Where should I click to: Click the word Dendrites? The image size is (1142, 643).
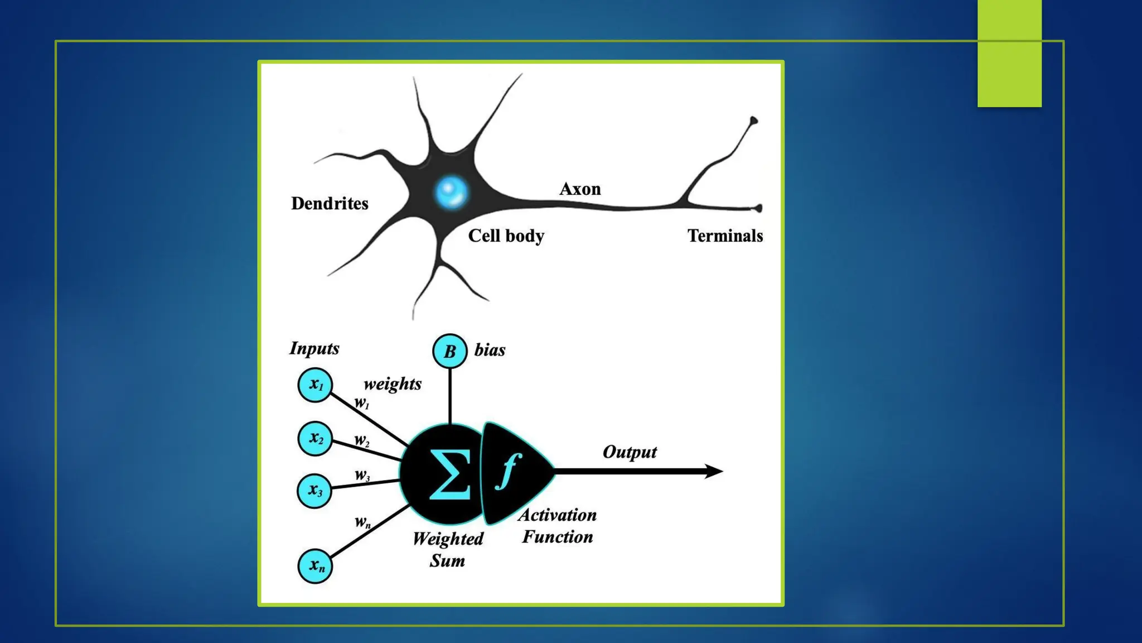(x=330, y=204)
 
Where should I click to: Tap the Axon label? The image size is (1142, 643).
(x=580, y=189)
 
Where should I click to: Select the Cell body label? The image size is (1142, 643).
(x=506, y=236)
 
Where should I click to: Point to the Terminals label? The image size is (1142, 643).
(x=725, y=236)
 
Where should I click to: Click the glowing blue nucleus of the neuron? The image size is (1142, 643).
(x=451, y=192)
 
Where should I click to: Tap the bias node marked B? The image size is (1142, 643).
(x=449, y=351)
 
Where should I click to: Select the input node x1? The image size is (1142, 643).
(x=315, y=385)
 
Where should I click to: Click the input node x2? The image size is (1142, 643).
(x=315, y=438)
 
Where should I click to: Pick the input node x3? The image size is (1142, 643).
(x=314, y=491)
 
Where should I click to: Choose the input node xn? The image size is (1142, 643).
(x=315, y=566)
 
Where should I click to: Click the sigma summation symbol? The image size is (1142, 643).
(x=449, y=474)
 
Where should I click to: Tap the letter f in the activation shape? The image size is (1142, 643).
(x=508, y=471)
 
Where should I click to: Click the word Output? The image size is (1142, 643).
(x=630, y=452)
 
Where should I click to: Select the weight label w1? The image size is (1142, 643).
(x=362, y=403)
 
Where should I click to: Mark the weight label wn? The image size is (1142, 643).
(x=362, y=522)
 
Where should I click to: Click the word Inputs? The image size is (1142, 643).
(x=314, y=348)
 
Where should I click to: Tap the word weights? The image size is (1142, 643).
(x=393, y=384)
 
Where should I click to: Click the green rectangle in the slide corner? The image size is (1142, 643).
(x=1009, y=53)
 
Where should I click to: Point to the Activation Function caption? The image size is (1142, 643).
(x=557, y=526)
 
